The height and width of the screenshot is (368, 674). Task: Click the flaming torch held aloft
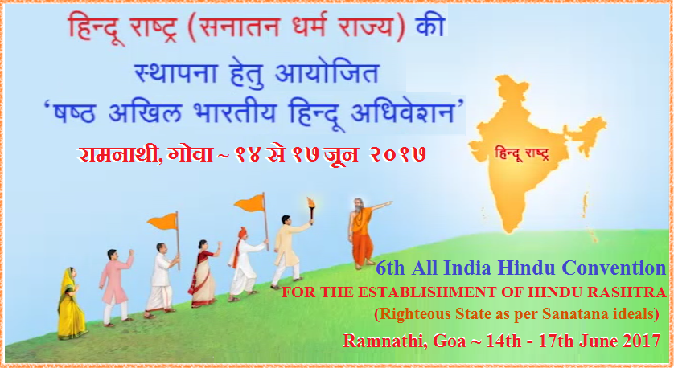click(310, 208)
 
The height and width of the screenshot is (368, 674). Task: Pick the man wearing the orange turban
click(245, 264)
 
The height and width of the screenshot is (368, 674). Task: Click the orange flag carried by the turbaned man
click(250, 203)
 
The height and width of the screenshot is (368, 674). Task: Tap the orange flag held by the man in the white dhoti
click(162, 221)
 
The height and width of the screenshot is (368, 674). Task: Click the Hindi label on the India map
click(522, 153)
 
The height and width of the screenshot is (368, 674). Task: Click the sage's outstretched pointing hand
click(388, 203)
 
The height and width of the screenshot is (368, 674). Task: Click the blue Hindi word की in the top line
click(429, 27)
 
